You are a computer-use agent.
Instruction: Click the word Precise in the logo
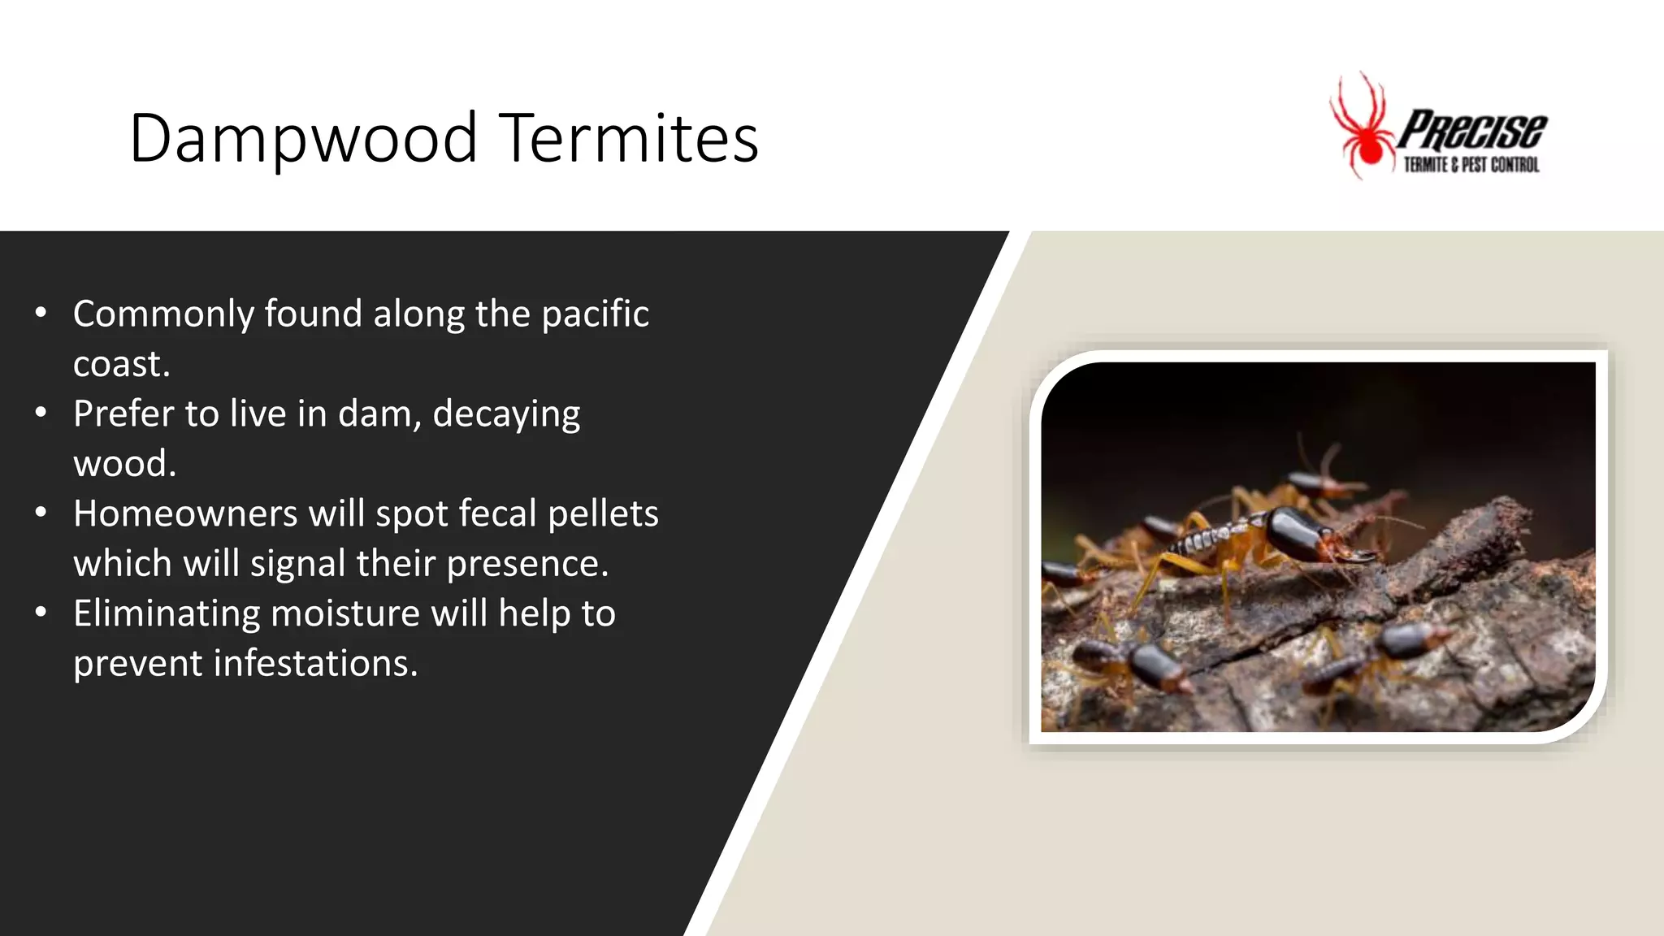point(1472,130)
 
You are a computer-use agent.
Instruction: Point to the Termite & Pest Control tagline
point(1471,165)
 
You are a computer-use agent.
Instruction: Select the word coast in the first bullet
point(119,364)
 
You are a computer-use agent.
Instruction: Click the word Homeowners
point(185,513)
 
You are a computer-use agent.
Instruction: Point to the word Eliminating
point(166,614)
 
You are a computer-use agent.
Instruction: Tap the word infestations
point(314,664)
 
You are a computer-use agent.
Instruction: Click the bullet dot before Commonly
point(41,313)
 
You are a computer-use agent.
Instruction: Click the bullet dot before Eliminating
point(41,613)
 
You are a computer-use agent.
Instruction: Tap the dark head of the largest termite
point(1298,533)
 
